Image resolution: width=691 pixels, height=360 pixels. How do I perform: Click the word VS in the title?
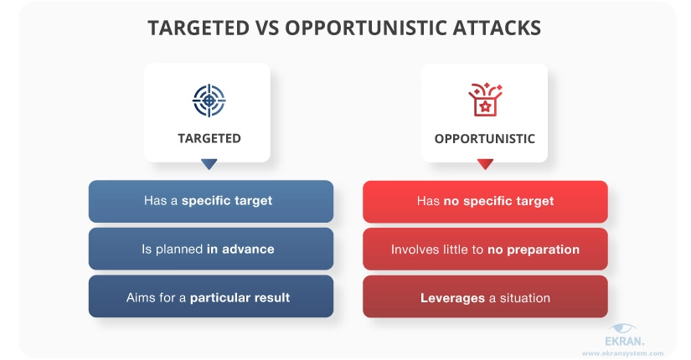click(266, 28)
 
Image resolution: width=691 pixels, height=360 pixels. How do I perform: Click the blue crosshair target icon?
click(209, 100)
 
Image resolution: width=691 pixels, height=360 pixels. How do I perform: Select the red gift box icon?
click(485, 100)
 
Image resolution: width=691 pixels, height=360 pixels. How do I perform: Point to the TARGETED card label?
click(209, 138)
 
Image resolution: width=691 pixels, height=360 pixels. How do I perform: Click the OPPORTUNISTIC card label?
click(485, 139)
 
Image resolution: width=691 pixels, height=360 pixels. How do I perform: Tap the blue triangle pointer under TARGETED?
click(209, 164)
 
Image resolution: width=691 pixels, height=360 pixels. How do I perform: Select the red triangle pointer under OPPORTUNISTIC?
click(485, 164)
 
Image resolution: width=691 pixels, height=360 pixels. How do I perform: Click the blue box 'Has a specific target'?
click(211, 201)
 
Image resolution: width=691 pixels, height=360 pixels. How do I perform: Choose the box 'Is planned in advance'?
click(211, 249)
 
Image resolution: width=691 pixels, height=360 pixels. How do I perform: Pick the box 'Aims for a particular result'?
click(211, 296)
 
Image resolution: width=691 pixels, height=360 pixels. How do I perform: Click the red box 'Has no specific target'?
click(485, 202)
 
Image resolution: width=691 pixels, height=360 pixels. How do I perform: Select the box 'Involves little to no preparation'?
click(485, 249)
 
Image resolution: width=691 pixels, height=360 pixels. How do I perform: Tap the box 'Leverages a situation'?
click(485, 297)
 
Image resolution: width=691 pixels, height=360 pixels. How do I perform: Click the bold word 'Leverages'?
click(452, 298)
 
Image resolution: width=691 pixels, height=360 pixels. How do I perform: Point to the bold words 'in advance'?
click(240, 249)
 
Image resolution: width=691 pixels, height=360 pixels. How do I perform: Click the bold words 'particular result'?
click(240, 298)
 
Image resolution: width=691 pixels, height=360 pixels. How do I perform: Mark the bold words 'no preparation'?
click(534, 249)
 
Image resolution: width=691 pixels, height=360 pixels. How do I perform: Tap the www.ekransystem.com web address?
click(622, 353)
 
